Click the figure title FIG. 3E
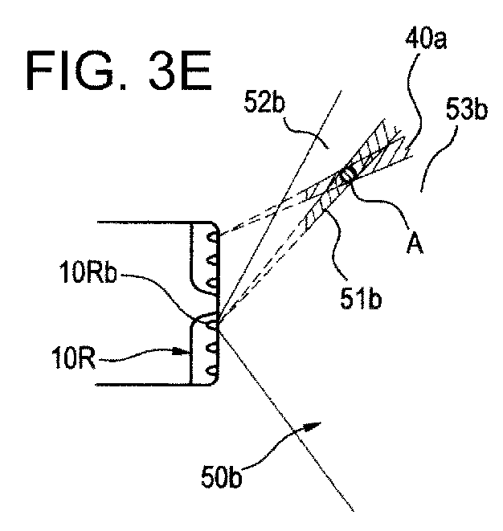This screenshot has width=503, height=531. click(x=119, y=71)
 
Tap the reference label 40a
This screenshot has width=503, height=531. click(x=426, y=40)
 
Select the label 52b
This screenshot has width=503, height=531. click(x=264, y=101)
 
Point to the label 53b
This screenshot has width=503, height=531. click(x=466, y=108)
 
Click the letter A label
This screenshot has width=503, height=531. click(x=415, y=243)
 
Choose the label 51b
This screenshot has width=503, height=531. click(x=361, y=299)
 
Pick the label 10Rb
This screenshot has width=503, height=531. click(x=88, y=273)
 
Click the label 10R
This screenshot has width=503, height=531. click(x=73, y=358)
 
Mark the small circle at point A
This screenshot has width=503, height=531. click(x=348, y=174)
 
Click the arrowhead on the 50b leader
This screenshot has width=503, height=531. click(x=313, y=426)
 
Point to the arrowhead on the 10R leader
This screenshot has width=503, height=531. click(x=182, y=352)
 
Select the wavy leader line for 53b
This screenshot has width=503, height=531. click(x=438, y=159)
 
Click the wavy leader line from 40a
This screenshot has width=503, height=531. click(x=415, y=101)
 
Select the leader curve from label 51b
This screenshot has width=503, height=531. click(x=335, y=246)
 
